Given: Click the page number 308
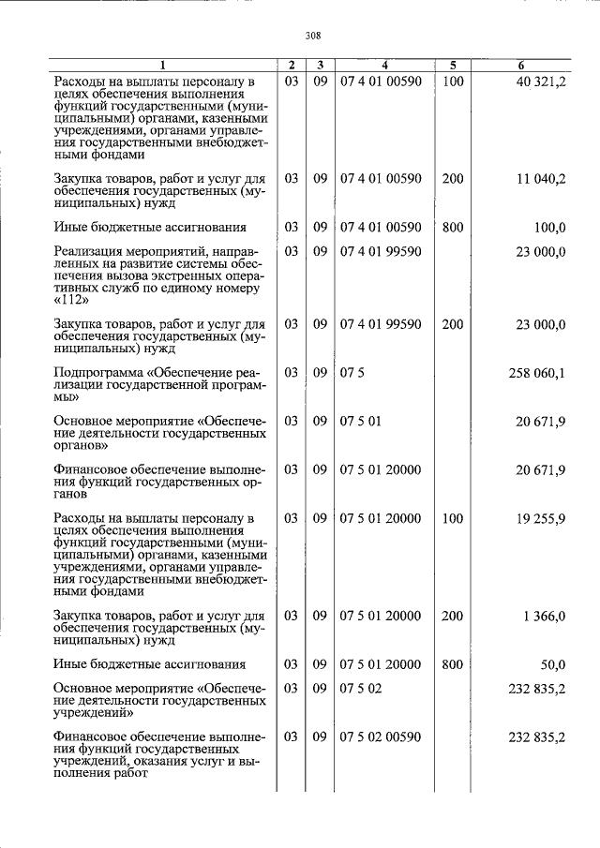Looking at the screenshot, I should [x=313, y=36].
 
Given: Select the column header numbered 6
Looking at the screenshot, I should [x=521, y=66].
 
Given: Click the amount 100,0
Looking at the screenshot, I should [x=549, y=227].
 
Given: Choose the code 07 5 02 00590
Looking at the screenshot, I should [x=381, y=737].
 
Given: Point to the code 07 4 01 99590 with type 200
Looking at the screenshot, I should [x=381, y=324].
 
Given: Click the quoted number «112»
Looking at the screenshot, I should [x=73, y=300].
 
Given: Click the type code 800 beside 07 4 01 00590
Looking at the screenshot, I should [x=453, y=227].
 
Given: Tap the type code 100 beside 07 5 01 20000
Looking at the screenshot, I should [x=453, y=518].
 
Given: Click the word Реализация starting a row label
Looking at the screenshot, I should [x=87, y=251].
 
